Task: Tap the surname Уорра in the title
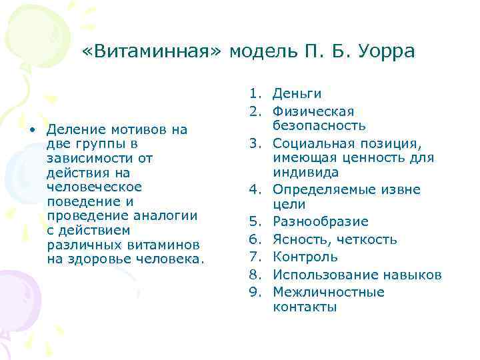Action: pos(385,51)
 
